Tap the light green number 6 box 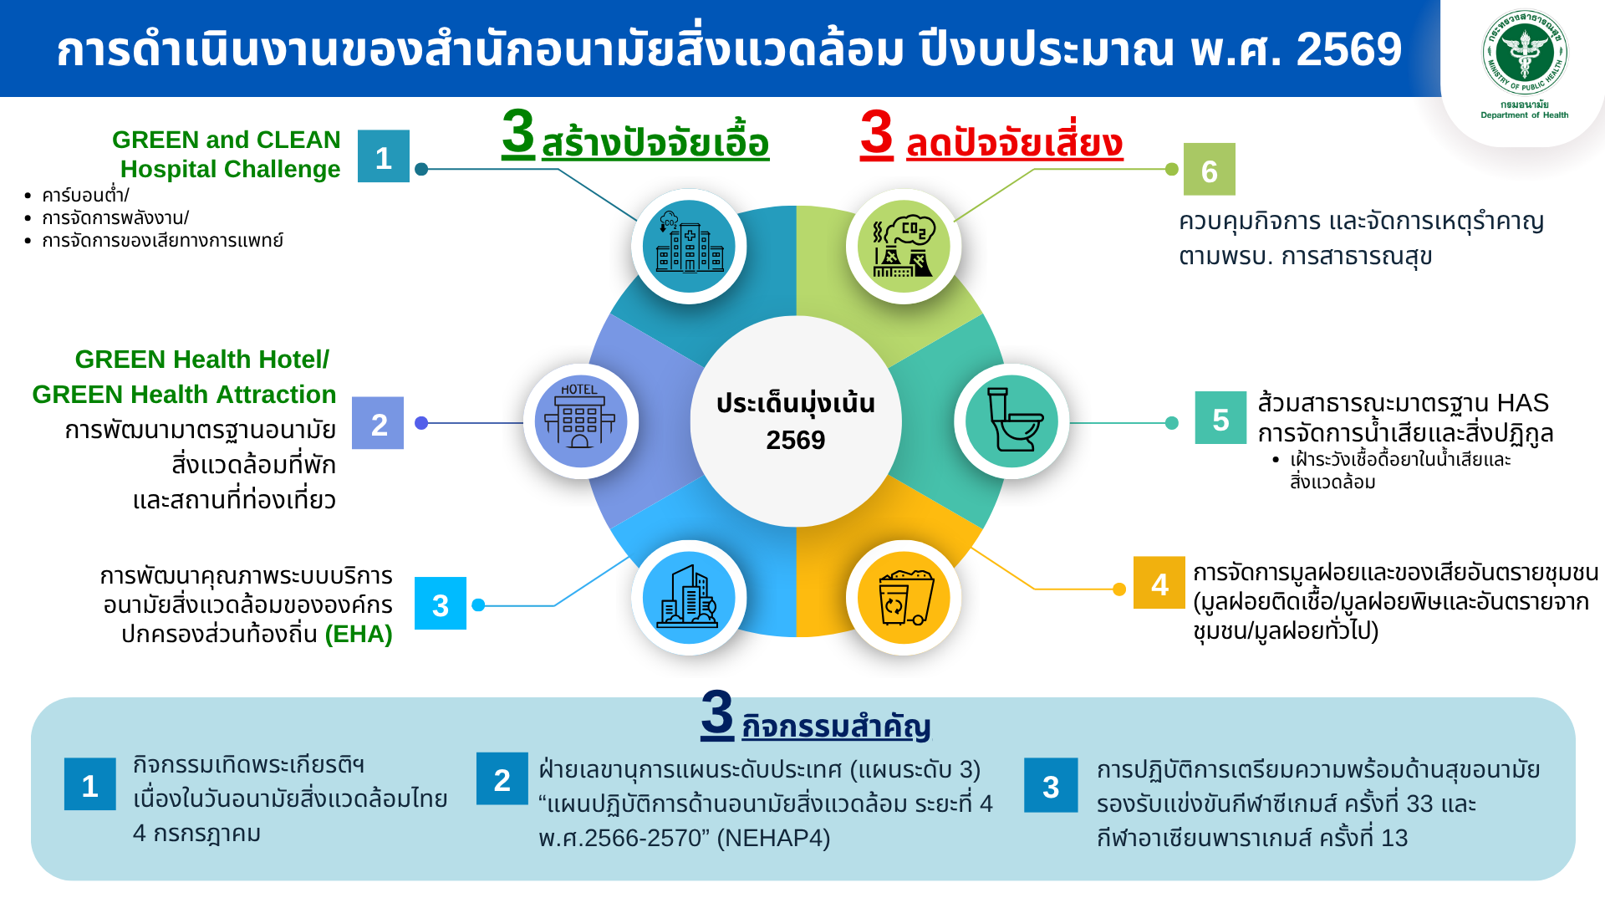click(1209, 170)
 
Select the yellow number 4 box click(1159, 583)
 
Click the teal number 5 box click(1220, 418)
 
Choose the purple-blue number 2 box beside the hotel click(378, 423)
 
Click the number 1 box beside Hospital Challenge click(384, 156)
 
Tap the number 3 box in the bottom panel click(1051, 785)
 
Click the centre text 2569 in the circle click(796, 440)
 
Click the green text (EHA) click(359, 635)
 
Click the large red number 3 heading click(877, 134)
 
